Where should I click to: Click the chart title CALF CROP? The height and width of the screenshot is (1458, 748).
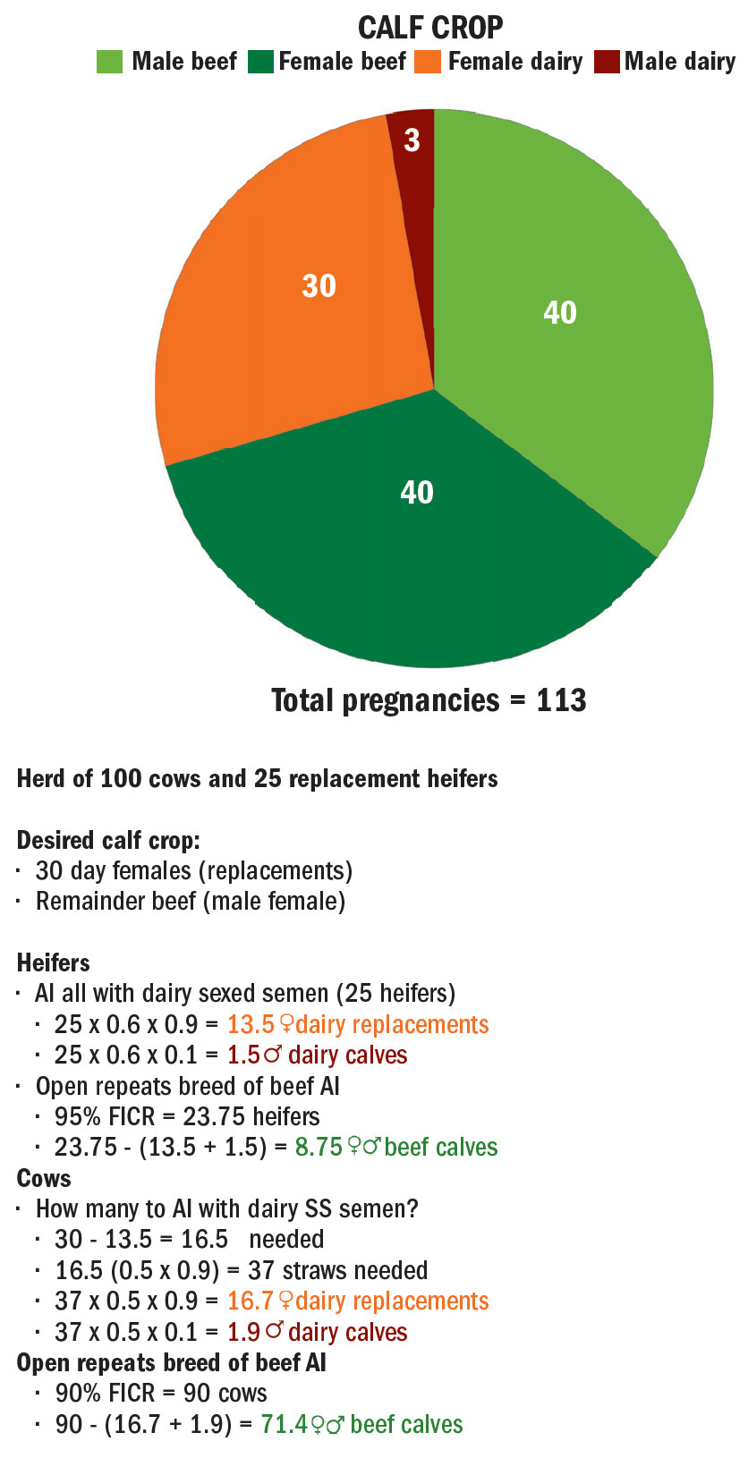430,28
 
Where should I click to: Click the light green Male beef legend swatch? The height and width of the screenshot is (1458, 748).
109,62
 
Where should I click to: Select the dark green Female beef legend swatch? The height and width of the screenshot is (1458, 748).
262,62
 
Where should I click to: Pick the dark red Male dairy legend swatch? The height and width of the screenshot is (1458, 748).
607,62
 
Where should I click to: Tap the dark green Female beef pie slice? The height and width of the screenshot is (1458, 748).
417,537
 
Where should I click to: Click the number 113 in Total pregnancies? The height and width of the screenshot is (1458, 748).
561,700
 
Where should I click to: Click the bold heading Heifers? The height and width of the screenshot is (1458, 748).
54,962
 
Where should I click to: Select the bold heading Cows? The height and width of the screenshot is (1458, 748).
44,1178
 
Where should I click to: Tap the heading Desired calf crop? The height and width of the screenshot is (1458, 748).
108,840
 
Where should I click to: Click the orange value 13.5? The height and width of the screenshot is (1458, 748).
251,1024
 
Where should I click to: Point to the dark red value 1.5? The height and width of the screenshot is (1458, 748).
243,1055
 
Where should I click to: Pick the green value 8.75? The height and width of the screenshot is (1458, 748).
319,1147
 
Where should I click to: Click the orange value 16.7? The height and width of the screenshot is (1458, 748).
251,1301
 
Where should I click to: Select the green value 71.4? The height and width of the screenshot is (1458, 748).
284,1424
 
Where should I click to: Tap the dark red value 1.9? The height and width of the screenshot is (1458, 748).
243,1332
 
